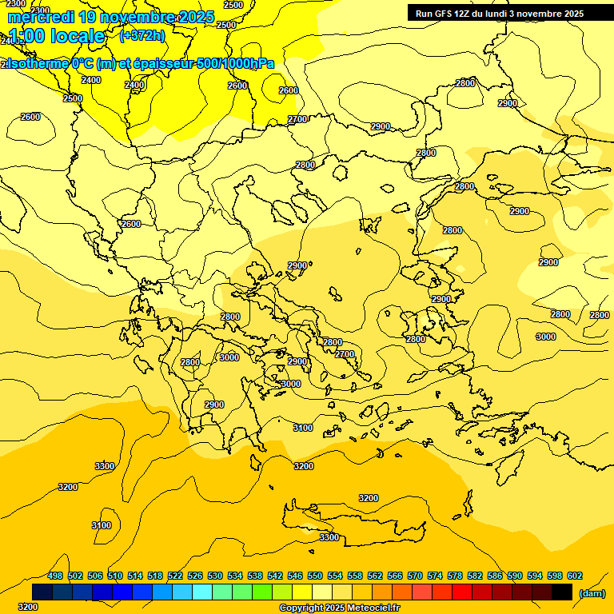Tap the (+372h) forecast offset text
[142, 35]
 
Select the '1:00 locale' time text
[57, 36]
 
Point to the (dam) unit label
[591, 593]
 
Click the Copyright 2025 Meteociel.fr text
[340, 608]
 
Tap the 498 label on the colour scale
[55, 576]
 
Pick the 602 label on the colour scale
[575, 576]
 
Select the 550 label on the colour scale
[315, 576]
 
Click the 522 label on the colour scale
[175, 576]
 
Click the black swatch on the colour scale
[562, 592]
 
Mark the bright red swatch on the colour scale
[462, 592]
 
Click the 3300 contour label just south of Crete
[329, 537]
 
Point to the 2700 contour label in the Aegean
[345, 354]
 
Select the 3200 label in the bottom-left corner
[27, 607]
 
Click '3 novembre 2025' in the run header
[546, 14]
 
